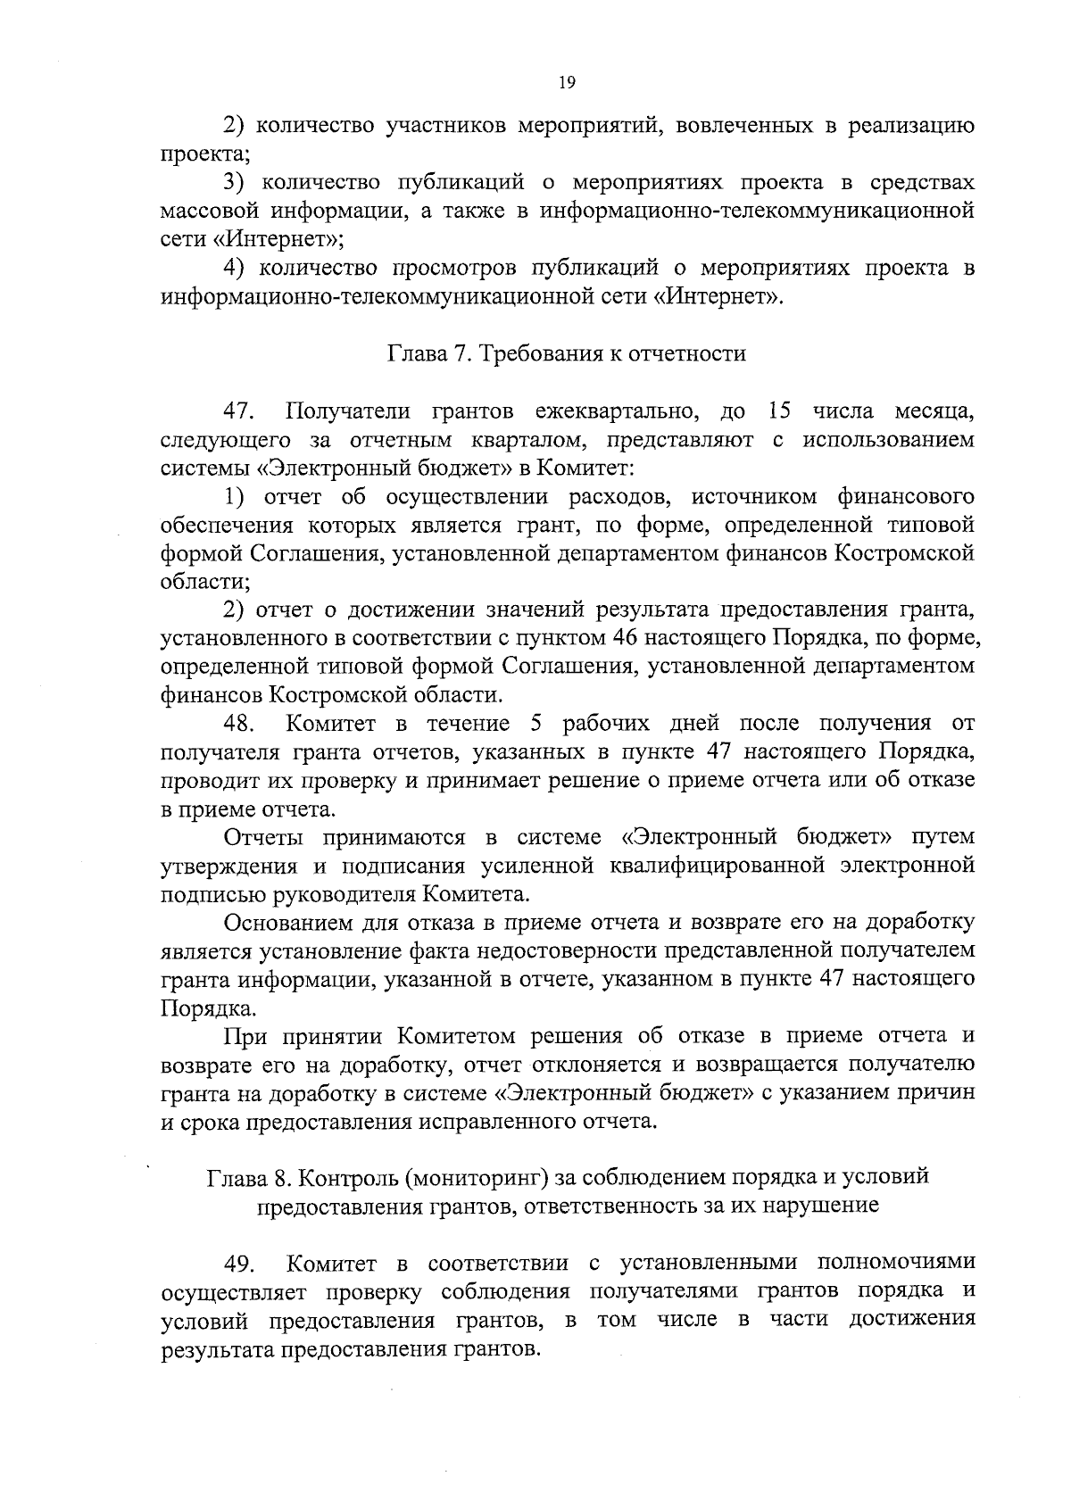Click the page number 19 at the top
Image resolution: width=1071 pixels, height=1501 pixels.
(x=567, y=83)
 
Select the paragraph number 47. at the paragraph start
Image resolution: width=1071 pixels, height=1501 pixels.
(x=240, y=412)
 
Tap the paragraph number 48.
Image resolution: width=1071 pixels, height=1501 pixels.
(x=240, y=723)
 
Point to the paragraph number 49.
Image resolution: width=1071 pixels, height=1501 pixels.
(x=240, y=1264)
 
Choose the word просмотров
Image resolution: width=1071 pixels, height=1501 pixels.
(x=452, y=268)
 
